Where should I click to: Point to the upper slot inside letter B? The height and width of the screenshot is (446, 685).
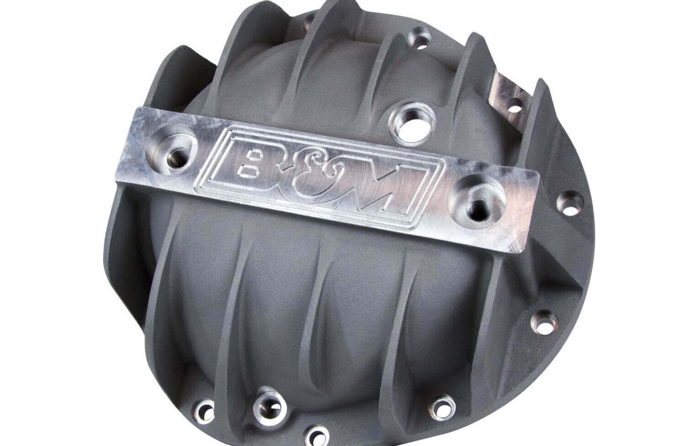[x=253, y=154]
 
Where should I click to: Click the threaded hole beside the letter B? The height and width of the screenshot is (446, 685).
[x=173, y=147]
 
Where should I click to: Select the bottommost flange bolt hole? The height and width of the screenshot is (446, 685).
[x=316, y=435]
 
